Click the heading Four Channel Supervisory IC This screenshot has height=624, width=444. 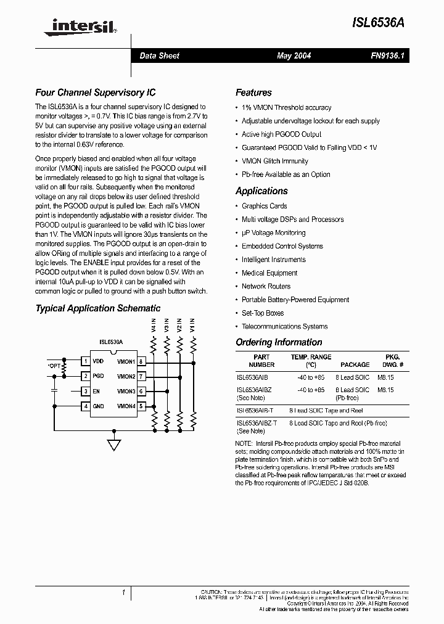[95, 93]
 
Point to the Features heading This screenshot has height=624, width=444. [253, 93]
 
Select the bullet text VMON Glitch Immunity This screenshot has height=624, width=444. [274, 161]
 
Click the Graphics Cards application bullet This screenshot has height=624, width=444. [264, 206]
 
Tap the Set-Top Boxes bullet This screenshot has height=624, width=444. [263, 313]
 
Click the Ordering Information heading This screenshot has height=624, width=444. [279, 342]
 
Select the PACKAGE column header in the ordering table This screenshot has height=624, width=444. [355, 365]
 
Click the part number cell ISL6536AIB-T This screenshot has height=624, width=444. [255, 411]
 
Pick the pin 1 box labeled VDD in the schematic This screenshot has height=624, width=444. [86, 361]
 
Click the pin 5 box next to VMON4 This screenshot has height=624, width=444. [141, 406]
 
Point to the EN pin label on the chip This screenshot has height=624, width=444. [96, 392]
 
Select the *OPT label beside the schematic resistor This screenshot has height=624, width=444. [55, 366]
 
